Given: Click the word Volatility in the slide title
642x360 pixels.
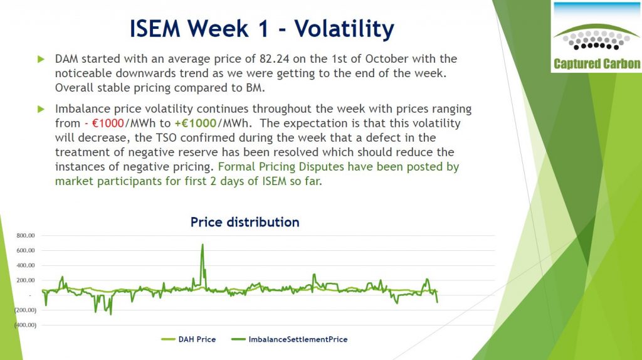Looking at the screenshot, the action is coord(344,29).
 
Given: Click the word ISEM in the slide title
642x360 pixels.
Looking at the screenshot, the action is coord(155,29).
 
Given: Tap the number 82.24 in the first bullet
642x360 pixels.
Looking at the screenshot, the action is coord(274,58).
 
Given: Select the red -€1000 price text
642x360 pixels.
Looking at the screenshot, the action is coord(105,124).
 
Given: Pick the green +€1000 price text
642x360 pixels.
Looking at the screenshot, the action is coord(196,124).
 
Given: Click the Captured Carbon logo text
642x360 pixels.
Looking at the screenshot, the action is coord(597,64).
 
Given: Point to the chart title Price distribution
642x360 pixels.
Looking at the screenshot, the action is coord(245,222).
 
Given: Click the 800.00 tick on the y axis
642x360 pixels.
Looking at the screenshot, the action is coord(26,235).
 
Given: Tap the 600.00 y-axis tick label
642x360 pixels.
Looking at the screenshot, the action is coord(26,250).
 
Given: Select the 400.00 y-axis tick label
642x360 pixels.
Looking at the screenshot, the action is coord(26,265).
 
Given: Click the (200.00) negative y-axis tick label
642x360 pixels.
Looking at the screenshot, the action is coord(25,310).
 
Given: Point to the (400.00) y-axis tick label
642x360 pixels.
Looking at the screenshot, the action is coord(25,325).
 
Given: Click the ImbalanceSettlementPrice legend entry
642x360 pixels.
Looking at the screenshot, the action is coord(290,339).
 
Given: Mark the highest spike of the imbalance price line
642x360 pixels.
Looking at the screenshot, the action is coord(203,245).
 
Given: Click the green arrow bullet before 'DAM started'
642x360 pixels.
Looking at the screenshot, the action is coord(41,60).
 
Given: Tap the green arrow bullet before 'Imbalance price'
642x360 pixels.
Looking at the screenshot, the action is coord(41,109).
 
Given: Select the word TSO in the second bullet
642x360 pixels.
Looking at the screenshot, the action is coord(166,137).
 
